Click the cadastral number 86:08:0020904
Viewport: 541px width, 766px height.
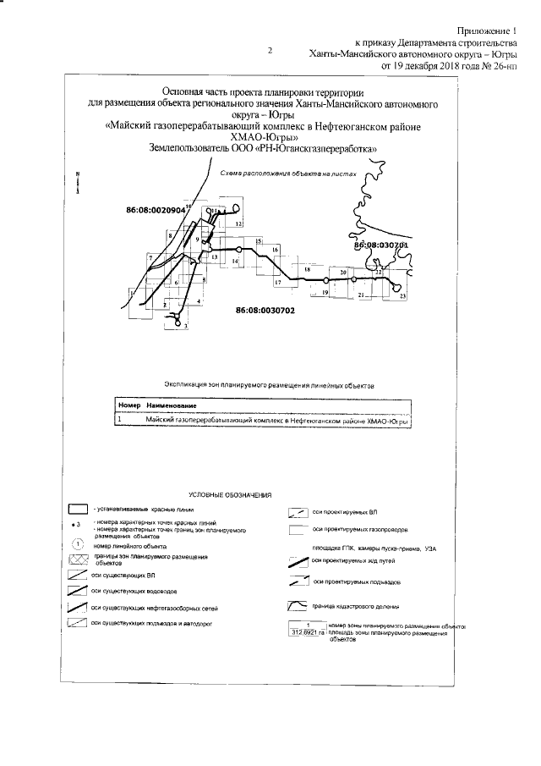(x=155, y=208)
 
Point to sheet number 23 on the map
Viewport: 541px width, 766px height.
(x=403, y=295)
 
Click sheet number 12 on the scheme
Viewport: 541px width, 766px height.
(x=239, y=223)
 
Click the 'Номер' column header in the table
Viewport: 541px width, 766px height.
(x=127, y=407)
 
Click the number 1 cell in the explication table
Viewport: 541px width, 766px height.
(x=120, y=419)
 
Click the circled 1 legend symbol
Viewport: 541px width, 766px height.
(x=78, y=543)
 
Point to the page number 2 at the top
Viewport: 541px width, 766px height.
(x=270, y=51)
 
